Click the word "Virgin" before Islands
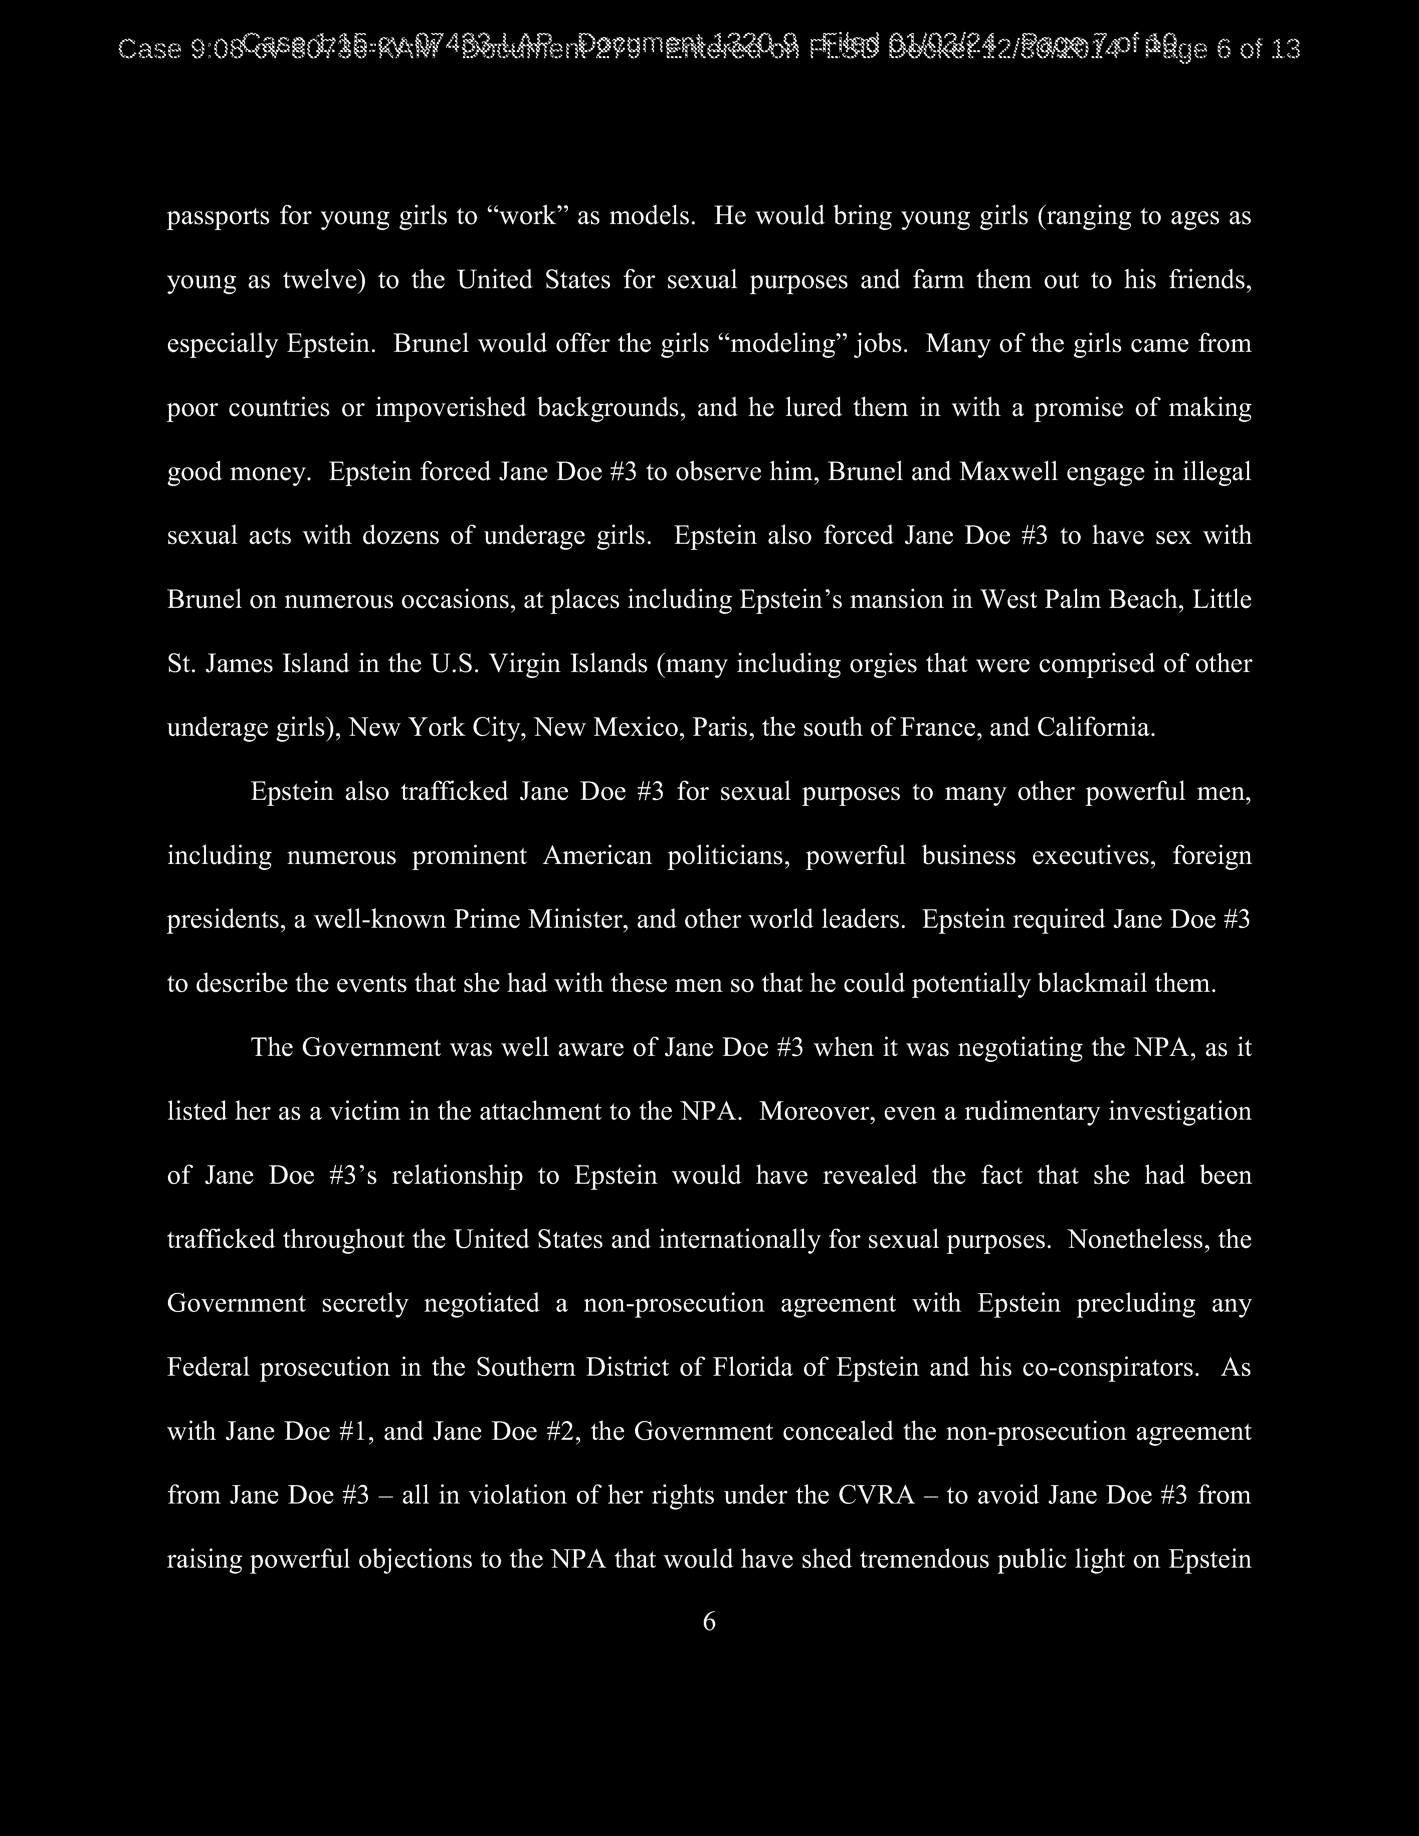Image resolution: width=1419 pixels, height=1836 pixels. pos(526,664)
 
